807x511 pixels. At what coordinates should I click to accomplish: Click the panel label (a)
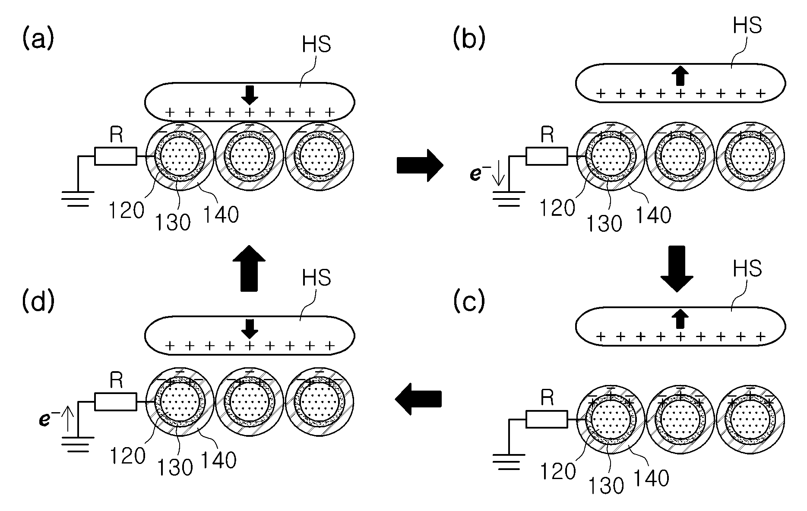coord(38,40)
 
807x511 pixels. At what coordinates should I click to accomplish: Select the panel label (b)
coord(469,40)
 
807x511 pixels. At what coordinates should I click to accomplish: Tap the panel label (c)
coord(469,302)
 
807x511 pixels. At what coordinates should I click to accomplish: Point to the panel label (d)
coord(38,302)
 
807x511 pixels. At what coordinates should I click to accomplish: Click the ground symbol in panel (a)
coord(77,199)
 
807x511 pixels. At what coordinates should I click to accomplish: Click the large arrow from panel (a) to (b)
coord(420,165)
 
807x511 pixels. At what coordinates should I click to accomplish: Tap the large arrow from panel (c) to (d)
coord(418,399)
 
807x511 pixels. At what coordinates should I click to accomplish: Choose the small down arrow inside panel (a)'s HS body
coord(249,95)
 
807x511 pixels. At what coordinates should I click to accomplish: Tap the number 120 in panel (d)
coord(127,456)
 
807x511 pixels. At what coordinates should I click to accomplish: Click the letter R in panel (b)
coord(547,136)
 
